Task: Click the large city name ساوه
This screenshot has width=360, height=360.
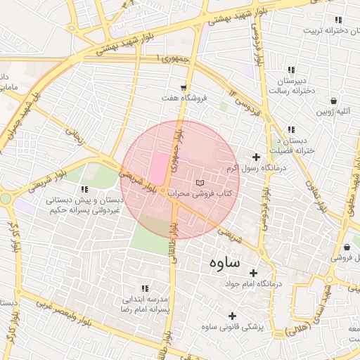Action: point(224,263)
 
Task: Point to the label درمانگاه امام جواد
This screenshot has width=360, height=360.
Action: point(252,283)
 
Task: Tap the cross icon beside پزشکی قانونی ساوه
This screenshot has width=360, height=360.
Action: point(232,315)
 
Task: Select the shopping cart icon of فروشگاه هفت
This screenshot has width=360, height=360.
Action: point(184,88)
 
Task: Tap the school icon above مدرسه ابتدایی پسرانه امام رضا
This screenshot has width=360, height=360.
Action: point(145,288)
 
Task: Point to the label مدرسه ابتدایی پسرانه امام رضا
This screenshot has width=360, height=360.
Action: point(144,304)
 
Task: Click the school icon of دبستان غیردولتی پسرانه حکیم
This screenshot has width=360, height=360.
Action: point(85,189)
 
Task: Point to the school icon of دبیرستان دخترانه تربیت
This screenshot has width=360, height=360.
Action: point(339,20)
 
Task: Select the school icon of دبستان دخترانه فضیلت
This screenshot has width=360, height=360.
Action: point(290,130)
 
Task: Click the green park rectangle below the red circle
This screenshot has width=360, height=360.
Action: point(150,240)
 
